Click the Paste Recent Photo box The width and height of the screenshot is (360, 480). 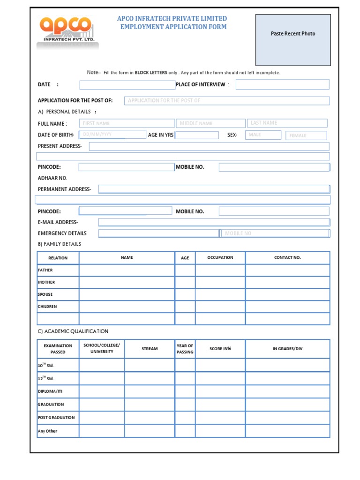tap(293, 40)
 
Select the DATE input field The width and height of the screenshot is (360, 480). tap(127, 85)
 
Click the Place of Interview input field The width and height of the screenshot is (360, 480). tap(282, 84)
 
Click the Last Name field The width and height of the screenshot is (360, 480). tap(287, 123)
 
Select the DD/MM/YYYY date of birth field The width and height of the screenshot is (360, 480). tap(112, 135)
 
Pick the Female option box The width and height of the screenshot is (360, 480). tap(306, 135)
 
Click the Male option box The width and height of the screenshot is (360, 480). tap(263, 135)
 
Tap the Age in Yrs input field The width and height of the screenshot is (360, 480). tap(197, 135)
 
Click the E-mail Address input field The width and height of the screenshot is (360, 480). tap(214, 222)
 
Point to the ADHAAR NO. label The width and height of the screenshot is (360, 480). tap(52, 178)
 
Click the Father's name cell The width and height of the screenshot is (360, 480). tap(127, 270)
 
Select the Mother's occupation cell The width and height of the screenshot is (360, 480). tap(220, 283)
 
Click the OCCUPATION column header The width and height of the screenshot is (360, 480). tap(220, 258)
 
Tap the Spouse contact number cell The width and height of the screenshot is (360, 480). tap(287, 295)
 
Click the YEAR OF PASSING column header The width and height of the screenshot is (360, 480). tap(185, 349)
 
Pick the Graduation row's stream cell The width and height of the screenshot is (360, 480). tap(150, 405)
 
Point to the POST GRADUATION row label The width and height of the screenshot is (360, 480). tap(56, 417)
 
